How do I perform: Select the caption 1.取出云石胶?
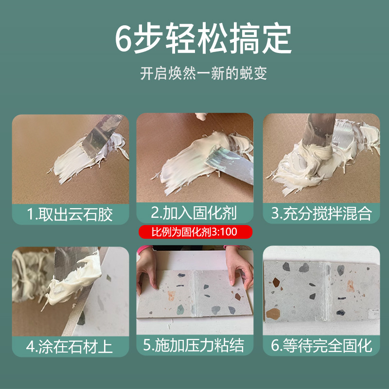pos(70,214)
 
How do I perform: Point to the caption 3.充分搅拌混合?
pos(321,214)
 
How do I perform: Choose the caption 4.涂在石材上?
pos(70,347)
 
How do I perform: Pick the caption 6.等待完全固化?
pos(321,347)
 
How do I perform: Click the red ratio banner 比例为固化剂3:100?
pos(194,232)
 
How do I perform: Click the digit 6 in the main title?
pos(124,40)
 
